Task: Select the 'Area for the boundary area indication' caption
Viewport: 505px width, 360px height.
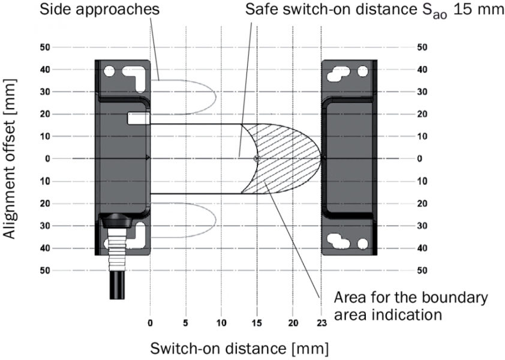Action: point(410,305)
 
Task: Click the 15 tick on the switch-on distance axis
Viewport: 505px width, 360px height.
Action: point(257,322)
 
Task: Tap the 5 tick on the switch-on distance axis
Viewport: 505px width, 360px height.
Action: point(186,322)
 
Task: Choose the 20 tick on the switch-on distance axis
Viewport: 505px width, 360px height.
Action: point(293,322)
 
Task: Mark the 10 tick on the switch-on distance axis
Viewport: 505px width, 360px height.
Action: point(221,322)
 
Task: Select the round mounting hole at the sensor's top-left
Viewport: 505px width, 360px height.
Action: point(109,71)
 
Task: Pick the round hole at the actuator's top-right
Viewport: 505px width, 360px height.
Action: point(362,71)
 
